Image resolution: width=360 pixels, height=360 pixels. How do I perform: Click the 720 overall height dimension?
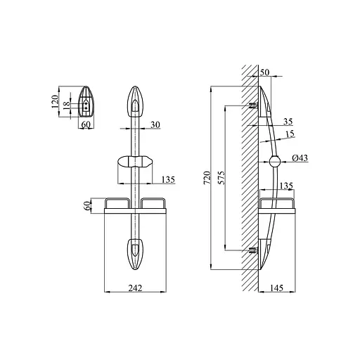click(207, 178)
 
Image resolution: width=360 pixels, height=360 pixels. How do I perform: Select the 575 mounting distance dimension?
click(221, 178)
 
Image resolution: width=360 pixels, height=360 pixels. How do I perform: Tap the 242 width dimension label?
click(135, 288)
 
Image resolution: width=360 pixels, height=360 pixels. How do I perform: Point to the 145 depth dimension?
click(277, 288)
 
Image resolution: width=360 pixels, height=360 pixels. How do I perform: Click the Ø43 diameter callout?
click(300, 158)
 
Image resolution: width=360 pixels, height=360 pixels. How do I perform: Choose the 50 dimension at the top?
click(264, 72)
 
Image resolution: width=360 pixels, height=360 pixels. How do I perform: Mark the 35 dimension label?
click(288, 122)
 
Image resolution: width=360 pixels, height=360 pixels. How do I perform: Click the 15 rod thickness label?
click(290, 134)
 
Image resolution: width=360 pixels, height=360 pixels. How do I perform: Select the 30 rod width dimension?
click(155, 125)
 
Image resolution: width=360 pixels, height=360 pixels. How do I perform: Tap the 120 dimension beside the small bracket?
click(55, 101)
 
